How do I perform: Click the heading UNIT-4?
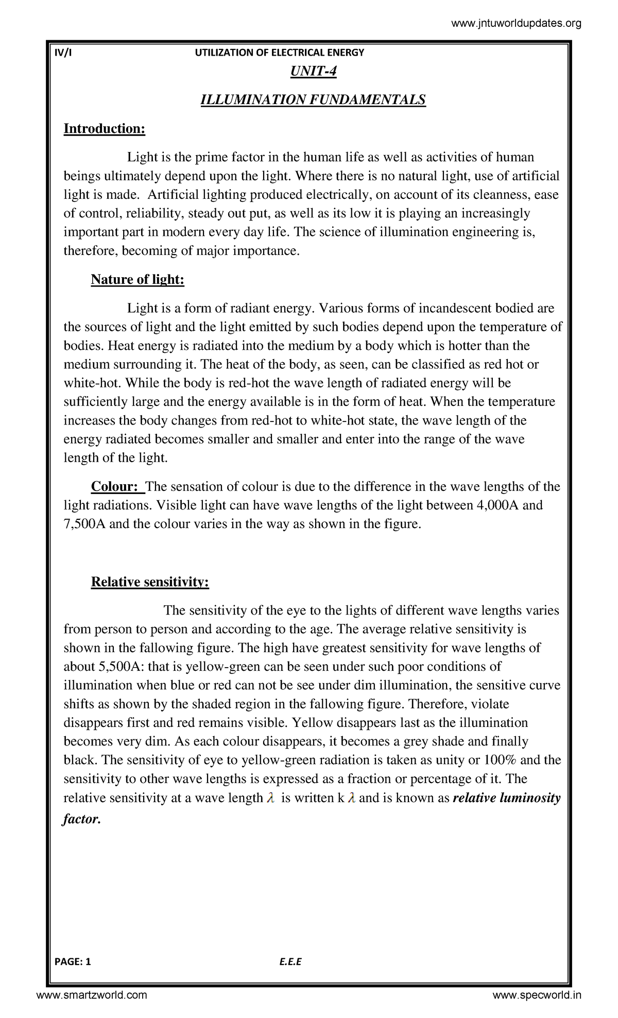pos(313,71)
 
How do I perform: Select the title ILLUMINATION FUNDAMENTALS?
pos(313,99)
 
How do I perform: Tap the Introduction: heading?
pos(105,128)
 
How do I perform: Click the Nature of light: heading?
pos(138,279)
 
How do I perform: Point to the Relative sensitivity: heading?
pos(150,582)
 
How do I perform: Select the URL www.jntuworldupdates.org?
pos(516,23)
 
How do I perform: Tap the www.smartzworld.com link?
pos(92,995)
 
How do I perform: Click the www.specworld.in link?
pos(537,995)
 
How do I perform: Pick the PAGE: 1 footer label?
pos(73,961)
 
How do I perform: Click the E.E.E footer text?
pos(290,961)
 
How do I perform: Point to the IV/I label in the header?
pos(63,53)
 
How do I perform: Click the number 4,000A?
pos(498,505)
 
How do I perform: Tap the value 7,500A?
pos(84,524)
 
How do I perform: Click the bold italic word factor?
pos(81,819)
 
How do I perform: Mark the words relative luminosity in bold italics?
pos(506,798)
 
